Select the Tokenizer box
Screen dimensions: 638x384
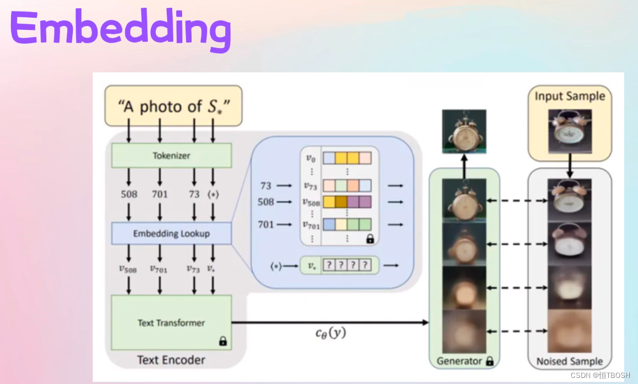click(171, 155)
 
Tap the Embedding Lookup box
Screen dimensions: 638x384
click(171, 233)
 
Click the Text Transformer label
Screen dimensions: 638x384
click(171, 323)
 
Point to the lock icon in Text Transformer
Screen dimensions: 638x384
click(223, 341)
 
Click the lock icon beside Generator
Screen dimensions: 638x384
click(490, 361)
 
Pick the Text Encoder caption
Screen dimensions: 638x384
click(171, 360)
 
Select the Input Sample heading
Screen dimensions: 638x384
click(570, 96)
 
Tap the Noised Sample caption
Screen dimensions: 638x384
click(570, 361)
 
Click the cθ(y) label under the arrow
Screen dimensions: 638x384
click(331, 333)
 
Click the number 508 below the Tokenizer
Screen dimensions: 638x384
click(129, 194)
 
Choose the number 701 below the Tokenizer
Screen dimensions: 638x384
click(160, 194)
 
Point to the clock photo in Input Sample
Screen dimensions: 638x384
click(570, 131)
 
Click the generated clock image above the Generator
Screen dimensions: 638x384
click(464, 131)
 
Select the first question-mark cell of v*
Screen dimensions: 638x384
click(329, 265)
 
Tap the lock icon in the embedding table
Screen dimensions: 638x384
click(370, 239)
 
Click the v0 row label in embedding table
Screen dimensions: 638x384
click(311, 158)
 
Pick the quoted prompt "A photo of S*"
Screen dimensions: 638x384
click(174, 107)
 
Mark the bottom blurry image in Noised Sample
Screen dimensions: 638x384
click(570, 331)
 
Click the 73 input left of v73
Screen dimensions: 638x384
click(265, 186)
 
